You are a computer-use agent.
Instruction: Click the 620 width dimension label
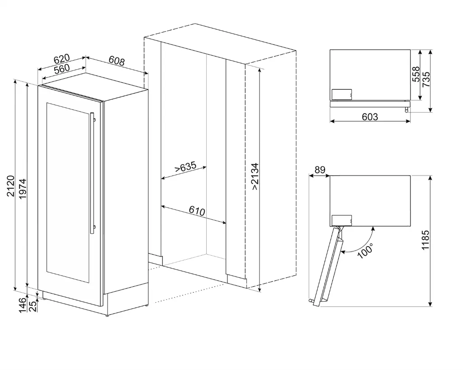[x=61, y=59]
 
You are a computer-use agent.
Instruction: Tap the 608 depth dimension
[x=117, y=61]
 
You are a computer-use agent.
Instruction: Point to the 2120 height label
[x=11, y=186]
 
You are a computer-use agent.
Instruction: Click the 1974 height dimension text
[x=23, y=189]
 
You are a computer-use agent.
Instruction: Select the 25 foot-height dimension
[x=34, y=306]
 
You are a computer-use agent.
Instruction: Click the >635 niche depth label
[x=185, y=167]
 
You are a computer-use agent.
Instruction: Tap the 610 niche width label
[x=197, y=211]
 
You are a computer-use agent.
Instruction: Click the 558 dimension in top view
[x=416, y=74]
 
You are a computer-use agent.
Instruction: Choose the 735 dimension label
[x=426, y=80]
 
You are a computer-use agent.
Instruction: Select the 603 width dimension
[x=370, y=117]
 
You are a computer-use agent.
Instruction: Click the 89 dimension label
[x=320, y=170]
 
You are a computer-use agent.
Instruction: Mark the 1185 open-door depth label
[x=425, y=240]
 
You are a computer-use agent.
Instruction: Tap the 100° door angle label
[x=365, y=251]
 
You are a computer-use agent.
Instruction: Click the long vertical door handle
[x=92, y=173]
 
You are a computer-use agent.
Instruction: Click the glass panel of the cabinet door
[x=68, y=193]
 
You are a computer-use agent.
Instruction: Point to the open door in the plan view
[x=327, y=267]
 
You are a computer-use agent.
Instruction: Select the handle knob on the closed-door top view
[x=407, y=110]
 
